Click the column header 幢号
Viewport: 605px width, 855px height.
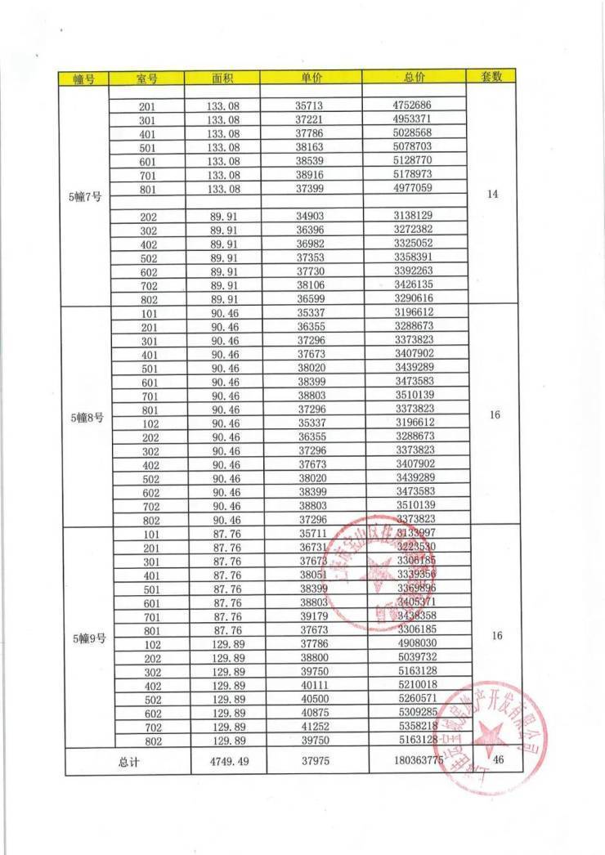point(85,78)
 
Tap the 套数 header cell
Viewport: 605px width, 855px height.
point(491,77)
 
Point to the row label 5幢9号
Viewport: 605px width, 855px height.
point(87,638)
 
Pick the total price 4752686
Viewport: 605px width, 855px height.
point(415,105)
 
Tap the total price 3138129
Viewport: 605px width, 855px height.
point(415,216)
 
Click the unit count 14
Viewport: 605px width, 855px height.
point(492,195)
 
